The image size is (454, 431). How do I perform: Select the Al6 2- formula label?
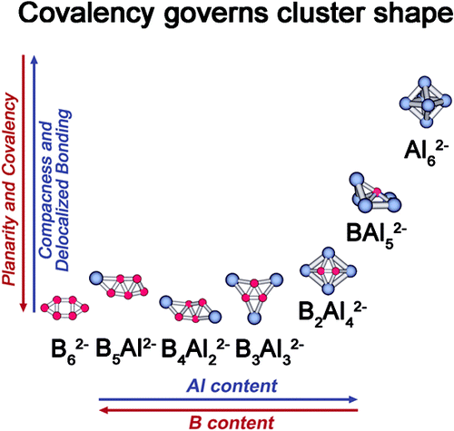(426, 153)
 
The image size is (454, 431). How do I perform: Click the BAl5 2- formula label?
(376, 236)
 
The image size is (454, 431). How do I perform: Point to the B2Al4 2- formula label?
(332, 315)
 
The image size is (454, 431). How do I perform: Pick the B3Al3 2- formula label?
(270, 352)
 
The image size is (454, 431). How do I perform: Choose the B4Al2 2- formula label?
(195, 352)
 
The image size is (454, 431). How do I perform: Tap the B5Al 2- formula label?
(126, 352)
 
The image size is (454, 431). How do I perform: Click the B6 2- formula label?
(70, 352)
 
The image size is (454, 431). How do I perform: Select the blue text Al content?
(232, 386)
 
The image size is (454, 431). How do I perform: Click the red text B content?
(232, 422)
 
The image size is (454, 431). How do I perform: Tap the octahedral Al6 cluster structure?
(425, 103)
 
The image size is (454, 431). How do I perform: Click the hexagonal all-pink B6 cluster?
(64, 308)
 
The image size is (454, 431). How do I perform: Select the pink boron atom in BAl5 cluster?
(377, 191)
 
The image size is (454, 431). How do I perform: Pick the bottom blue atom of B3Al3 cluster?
(254, 318)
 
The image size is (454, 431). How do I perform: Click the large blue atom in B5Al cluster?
(96, 278)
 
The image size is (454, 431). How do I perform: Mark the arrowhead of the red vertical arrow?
(24, 308)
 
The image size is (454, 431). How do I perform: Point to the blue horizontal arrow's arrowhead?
(353, 399)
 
